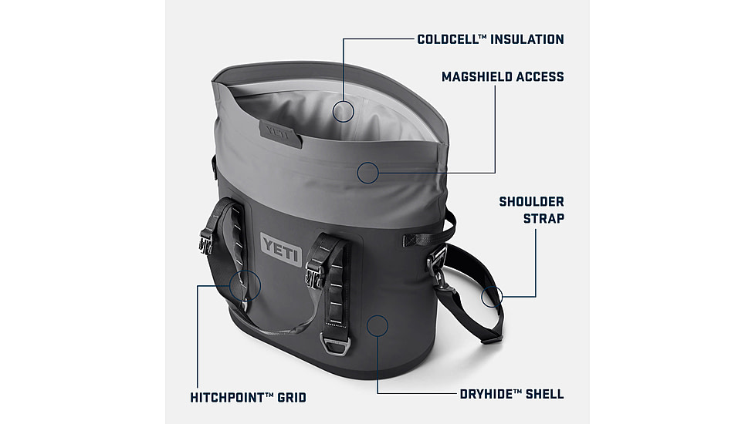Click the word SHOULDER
click(x=531, y=202)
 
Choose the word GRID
click(x=291, y=398)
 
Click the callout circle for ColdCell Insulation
click(x=344, y=111)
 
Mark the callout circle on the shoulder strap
click(x=492, y=295)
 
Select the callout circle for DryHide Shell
click(x=377, y=326)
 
